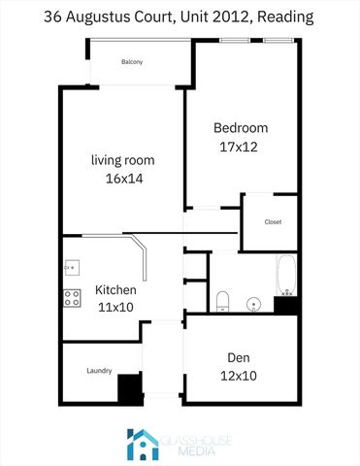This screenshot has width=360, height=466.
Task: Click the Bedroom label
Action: click(x=241, y=128)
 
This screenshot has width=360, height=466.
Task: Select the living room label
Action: click(x=122, y=160)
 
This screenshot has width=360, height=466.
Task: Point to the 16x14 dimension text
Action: click(x=122, y=179)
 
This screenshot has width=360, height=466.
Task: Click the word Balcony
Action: click(x=132, y=62)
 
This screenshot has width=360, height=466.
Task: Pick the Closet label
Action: click(x=273, y=222)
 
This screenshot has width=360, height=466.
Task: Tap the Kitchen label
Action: click(x=115, y=290)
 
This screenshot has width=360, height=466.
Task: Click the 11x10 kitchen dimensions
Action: click(x=115, y=308)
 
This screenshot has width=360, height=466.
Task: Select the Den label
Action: click(x=239, y=357)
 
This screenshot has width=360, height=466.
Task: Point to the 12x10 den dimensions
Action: click(x=239, y=376)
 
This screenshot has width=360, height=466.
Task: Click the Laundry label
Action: click(x=99, y=371)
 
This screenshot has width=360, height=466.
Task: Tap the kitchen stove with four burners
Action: click(x=72, y=299)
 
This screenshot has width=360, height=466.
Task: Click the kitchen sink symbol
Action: click(x=71, y=267)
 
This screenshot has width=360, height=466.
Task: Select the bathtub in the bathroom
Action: click(x=285, y=275)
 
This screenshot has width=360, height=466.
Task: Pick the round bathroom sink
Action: click(x=254, y=303)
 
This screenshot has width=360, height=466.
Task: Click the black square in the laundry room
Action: click(x=129, y=389)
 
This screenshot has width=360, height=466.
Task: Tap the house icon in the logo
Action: click(x=143, y=444)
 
